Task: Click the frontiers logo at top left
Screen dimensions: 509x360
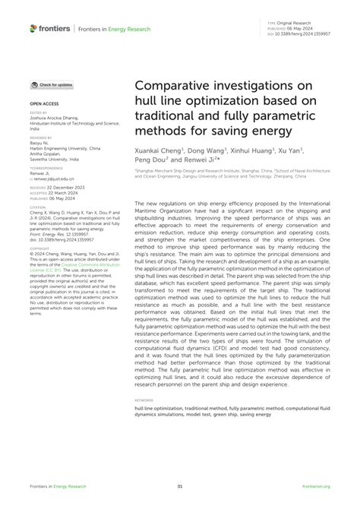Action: [50, 28]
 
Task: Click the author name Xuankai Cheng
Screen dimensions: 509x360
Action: [160, 151]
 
